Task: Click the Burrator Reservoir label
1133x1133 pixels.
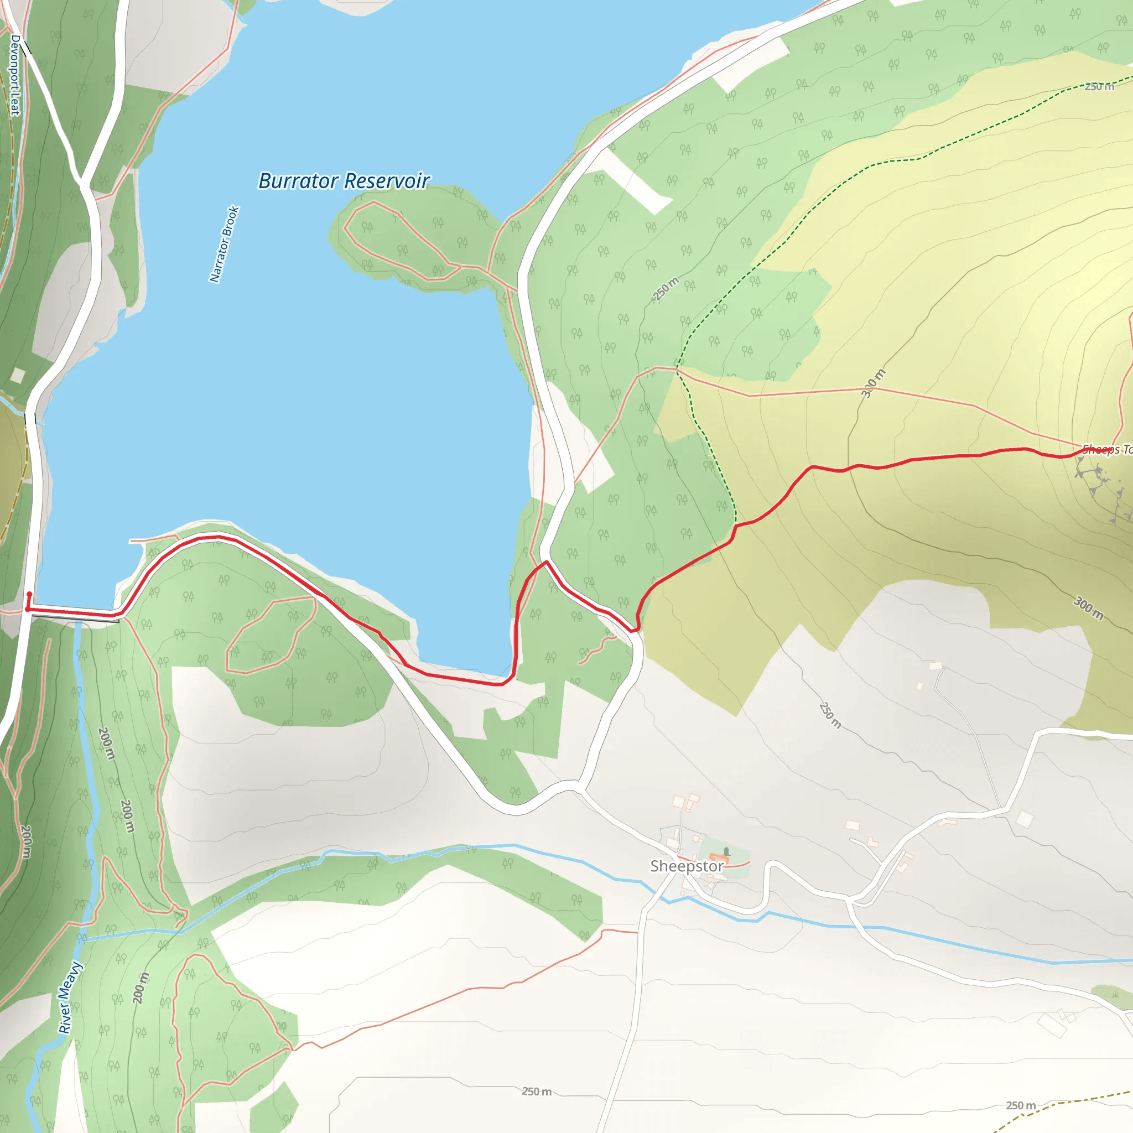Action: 344,180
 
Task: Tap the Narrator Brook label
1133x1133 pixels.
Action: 225,244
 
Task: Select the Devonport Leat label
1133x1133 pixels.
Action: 15,75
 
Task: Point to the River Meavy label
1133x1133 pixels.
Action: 70,997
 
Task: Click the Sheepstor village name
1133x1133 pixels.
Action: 687,866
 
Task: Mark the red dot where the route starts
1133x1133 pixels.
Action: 29,594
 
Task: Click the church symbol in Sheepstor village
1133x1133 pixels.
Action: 726,851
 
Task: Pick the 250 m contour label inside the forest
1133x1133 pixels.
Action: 666,289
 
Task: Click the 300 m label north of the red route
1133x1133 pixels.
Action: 873,383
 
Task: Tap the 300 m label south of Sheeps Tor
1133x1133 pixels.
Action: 1088,607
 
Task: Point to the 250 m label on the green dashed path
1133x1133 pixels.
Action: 1099,87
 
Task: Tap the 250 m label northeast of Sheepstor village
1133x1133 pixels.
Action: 830,715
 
